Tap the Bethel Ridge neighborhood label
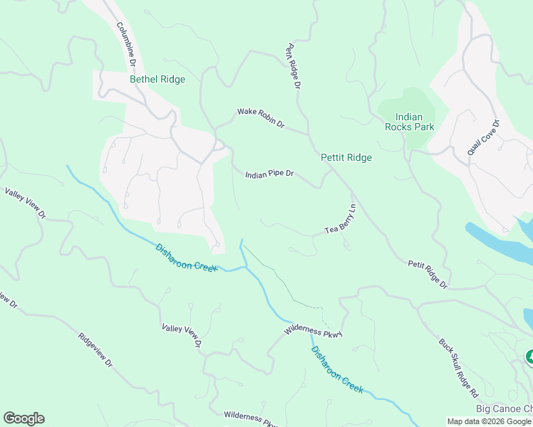(157, 80)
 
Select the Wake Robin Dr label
(261, 118)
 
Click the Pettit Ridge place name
(346, 157)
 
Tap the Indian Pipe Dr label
(269, 174)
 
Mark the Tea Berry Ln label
(341, 220)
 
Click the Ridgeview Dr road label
(96, 351)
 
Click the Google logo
(24, 418)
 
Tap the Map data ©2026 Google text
(489, 421)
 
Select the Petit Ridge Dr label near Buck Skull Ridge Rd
(428, 274)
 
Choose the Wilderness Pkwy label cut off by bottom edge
(250, 419)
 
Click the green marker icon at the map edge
(529, 356)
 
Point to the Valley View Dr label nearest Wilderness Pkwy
(182, 337)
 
